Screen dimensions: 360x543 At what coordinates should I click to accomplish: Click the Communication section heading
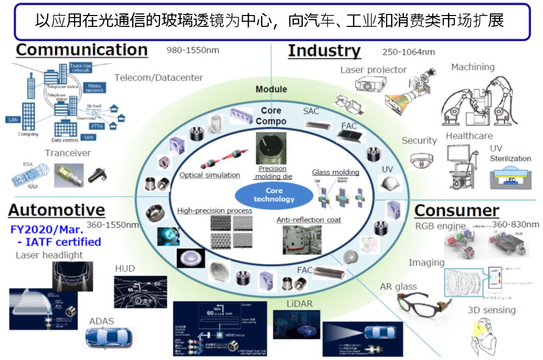pyautogui.click(x=82, y=50)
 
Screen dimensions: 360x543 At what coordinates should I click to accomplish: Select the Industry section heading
pyautogui.click(x=324, y=51)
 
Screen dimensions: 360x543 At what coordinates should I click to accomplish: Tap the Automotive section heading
pyautogui.click(x=56, y=210)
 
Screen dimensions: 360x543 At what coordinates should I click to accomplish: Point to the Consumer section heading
pyautogui.click(x=457, y=211)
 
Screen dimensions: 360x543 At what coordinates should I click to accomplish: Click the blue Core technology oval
pyautogui.click(x=274, y=195)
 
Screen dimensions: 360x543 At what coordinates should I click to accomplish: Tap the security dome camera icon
pyautogui.click(x=419, y=161)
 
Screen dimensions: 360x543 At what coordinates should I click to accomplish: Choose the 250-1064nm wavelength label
pyautogui.click(x=408, y=52)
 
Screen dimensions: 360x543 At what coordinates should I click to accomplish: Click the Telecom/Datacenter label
pyautogui.click(x=159, y=78)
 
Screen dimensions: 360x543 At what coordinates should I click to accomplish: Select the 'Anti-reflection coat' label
pyautogui.click(x=309, y=220)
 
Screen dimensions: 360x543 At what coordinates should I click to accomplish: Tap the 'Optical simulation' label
pyautogui.click(x=210, y=175)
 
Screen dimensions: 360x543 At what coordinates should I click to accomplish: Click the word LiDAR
pyautogui.click(x=299, y=304)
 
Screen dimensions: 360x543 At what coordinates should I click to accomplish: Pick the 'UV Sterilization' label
pyautogui.click(x=510, y=154)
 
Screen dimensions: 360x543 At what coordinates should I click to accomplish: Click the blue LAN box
pyautogui.click(x=13, y=119)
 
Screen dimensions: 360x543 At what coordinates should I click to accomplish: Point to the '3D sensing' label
pyautogui.click(x=491, y=310)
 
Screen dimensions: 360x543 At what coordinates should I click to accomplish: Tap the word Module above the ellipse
pyautogui.click(x=271, y=89)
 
